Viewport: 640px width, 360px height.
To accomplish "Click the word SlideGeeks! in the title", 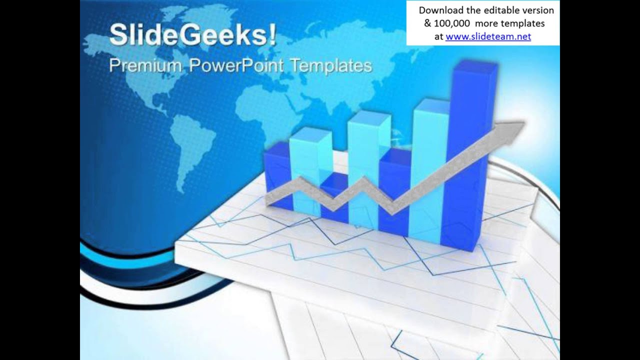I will [x=192, y=35].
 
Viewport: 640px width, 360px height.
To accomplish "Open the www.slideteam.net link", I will [x=488, y=36].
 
